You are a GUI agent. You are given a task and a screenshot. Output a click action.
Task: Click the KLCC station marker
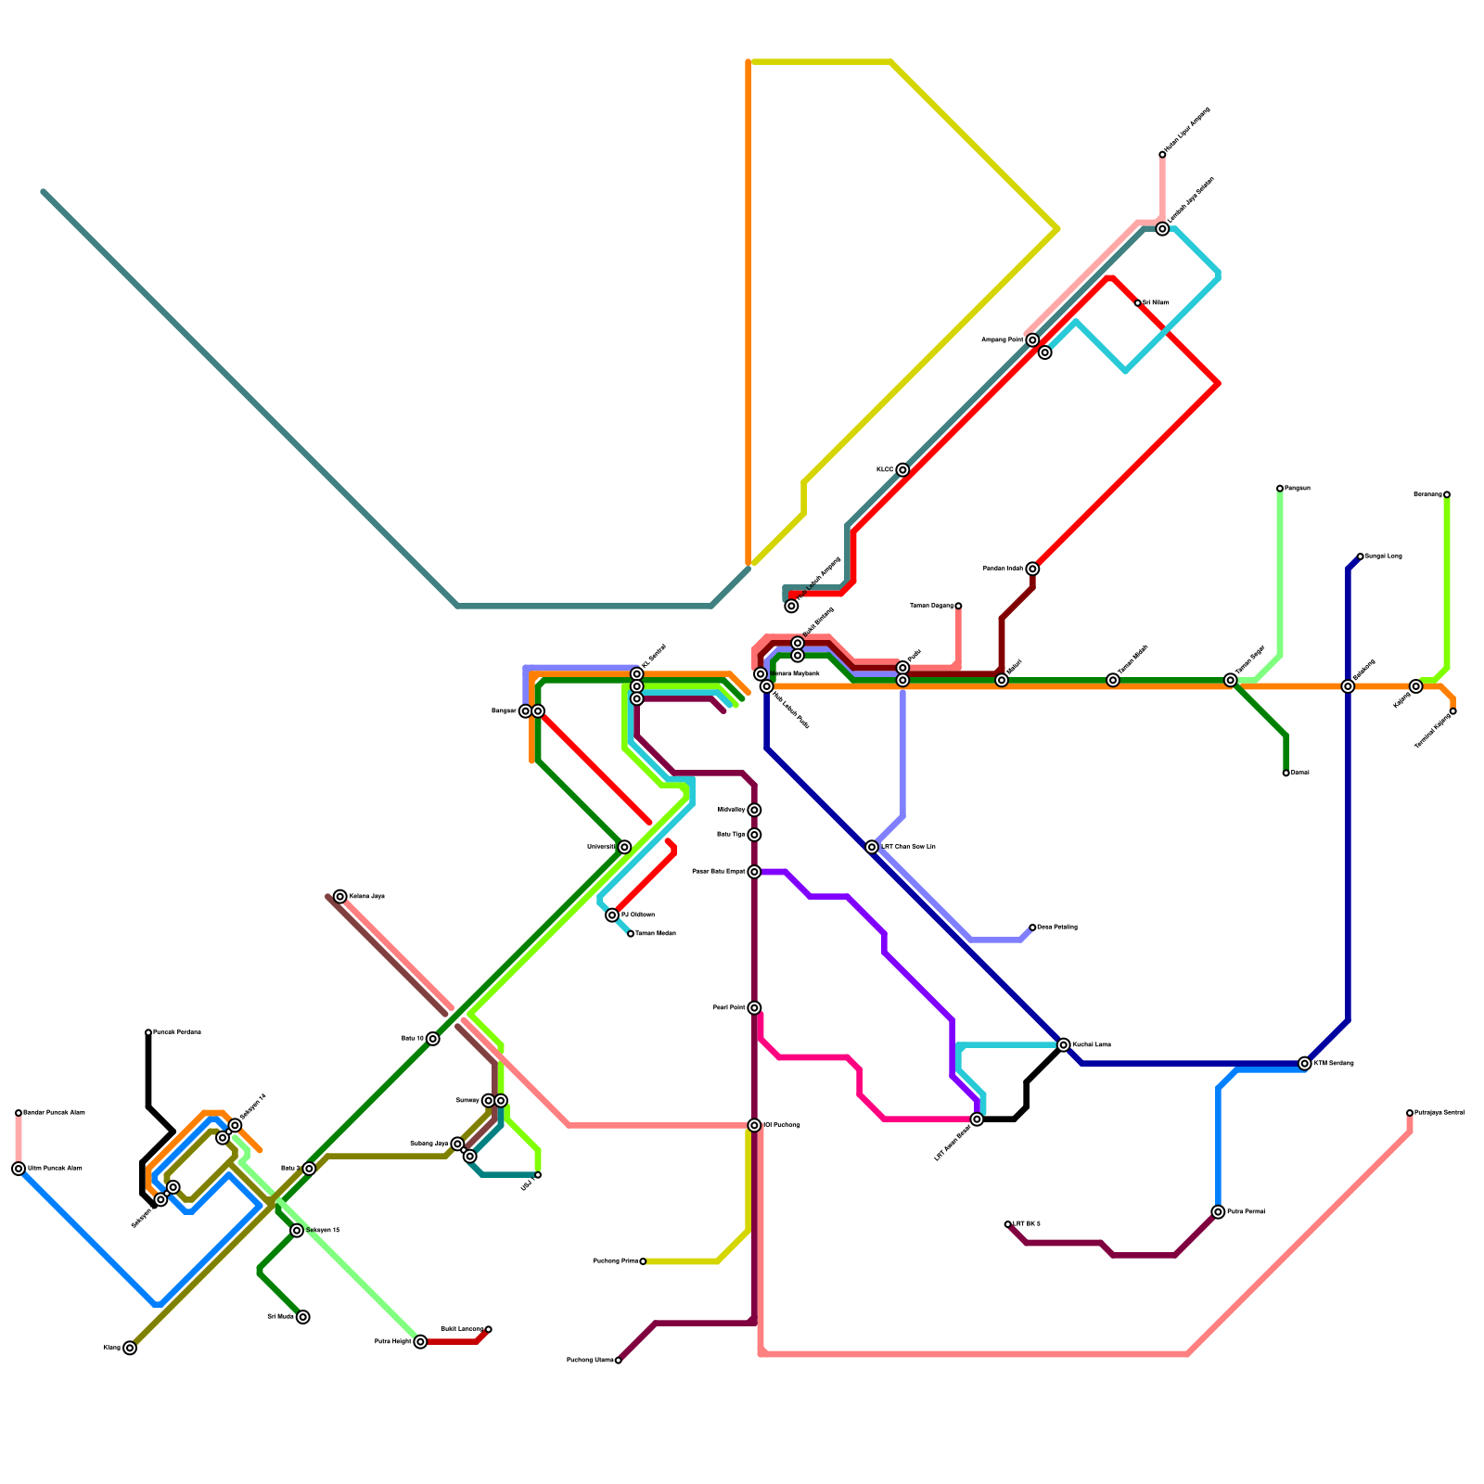[902, 470]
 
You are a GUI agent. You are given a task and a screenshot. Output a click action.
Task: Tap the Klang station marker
[130, 1348]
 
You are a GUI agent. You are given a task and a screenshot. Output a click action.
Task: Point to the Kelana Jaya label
[366, 897]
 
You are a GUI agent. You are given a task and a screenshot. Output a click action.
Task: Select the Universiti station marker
[624, 847]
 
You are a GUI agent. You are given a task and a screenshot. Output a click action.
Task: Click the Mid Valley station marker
[754, 811]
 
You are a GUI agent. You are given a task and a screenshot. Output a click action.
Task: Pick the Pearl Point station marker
[754, 1008]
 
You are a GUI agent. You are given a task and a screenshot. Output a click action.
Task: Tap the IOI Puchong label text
[781, 1125]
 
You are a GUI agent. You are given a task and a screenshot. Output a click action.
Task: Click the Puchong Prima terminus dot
[643, 1261]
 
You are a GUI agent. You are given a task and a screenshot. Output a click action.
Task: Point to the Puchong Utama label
[590, 1361]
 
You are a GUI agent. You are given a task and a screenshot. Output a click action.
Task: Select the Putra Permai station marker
[1218, 1212]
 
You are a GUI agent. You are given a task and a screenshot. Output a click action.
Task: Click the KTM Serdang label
[1334, 1063]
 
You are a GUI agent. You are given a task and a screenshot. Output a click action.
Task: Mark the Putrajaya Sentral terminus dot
[1410, 1113]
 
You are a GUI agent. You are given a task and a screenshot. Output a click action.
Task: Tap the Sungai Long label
[1383, 556]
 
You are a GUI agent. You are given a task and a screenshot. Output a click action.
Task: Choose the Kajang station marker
[1415, 686]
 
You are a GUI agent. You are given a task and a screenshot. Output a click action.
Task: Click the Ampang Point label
[1003, 340]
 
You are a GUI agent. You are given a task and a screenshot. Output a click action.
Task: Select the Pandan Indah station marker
[1032, 569]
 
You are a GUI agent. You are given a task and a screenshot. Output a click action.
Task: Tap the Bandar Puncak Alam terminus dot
[19, 1113]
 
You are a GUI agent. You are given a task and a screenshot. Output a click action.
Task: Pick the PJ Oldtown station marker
[612, 915]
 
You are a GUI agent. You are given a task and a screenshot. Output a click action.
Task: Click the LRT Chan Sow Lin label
[908, 847]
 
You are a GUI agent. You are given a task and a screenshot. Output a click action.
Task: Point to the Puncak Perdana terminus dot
[148, 1032]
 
